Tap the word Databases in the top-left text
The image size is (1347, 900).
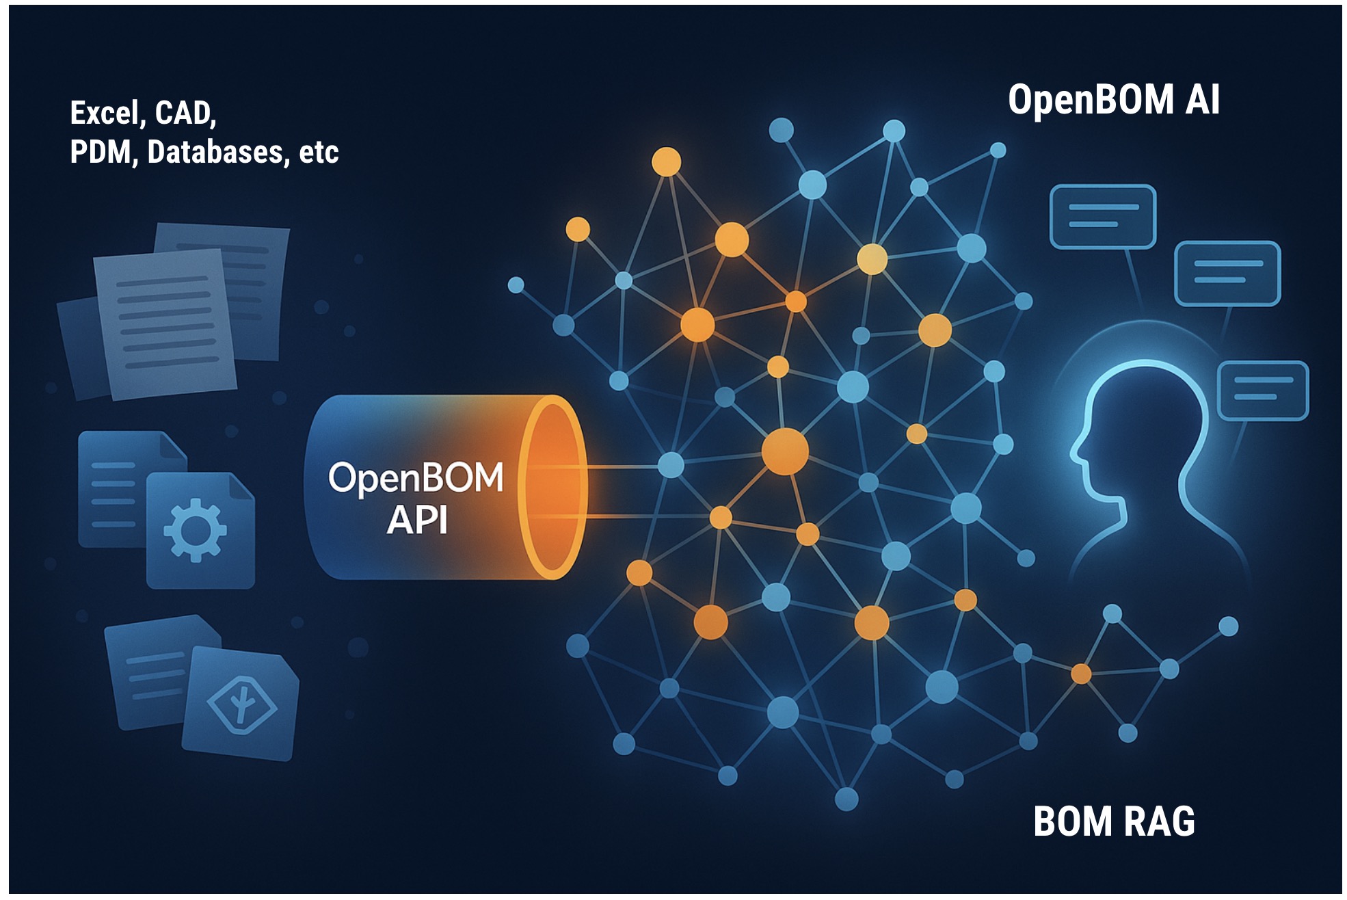tap(215, 152)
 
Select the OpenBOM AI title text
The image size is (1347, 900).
tap(1113, 100)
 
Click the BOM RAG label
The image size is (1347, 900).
tap(1114, 821)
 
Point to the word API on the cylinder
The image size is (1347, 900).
tap(416, 520)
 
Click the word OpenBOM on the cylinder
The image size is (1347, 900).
tap(416, 477)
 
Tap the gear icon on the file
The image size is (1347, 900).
tap(196, 530)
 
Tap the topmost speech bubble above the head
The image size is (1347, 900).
tap(1102, 216)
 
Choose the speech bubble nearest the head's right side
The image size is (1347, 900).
tap(1263, 390)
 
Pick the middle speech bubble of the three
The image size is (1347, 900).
tap(1227, 273)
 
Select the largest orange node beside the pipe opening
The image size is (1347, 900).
tap(785, 451)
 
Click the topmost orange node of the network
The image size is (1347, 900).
tap(666, 162)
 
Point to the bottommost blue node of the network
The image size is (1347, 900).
tap(846, 798)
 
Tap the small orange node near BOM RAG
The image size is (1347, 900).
tap(1081, 674)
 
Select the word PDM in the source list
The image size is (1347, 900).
tap(100, 152)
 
